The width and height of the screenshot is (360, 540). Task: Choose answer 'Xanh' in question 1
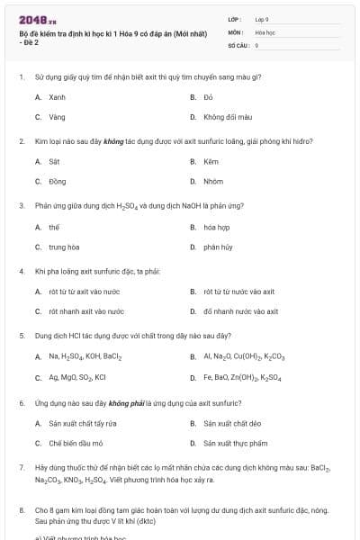point(57,96)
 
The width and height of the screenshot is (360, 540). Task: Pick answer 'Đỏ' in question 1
point(208,96)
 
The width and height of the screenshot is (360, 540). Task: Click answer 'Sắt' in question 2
point(54,161)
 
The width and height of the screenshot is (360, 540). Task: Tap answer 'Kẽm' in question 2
point(211,161)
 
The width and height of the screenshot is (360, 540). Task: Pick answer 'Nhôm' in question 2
point(213,181)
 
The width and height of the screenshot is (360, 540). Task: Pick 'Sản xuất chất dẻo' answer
point(232,423)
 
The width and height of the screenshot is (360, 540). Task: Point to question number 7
point(22,468)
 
